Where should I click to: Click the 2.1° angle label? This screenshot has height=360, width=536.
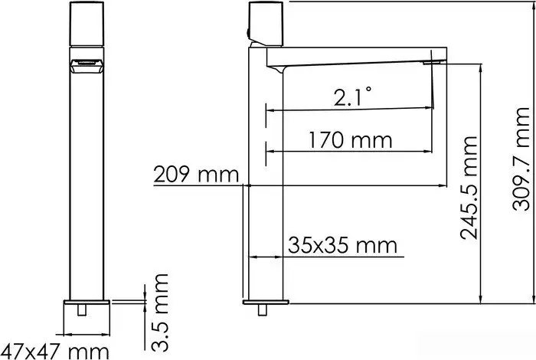352,97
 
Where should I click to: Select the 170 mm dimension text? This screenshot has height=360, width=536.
351,140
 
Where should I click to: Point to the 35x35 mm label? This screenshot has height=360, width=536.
343,245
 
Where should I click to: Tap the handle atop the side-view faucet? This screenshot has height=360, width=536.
268,25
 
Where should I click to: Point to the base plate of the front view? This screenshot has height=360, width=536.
87,315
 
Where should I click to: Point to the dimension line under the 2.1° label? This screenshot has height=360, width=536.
348,110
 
